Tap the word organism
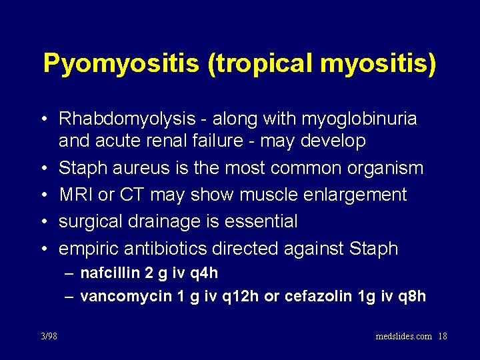385,168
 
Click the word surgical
91,221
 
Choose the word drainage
168,221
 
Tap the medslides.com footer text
404,336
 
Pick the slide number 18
442,336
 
